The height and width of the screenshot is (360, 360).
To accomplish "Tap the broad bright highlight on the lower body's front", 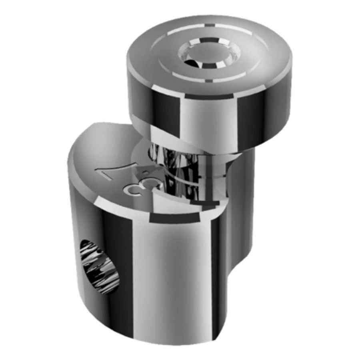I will (168, 280).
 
